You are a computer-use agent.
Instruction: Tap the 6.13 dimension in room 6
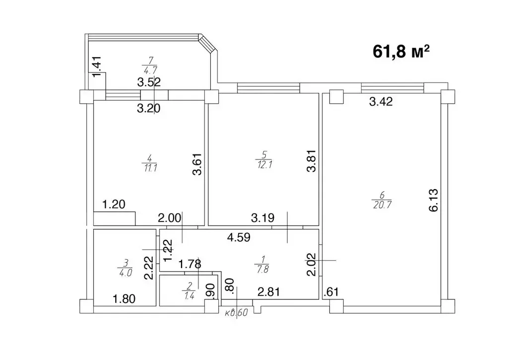(434, 201)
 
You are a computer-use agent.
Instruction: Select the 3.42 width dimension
(381, 103)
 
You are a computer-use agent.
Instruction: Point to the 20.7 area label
(381, 203)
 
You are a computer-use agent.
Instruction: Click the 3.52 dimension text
(149, 83)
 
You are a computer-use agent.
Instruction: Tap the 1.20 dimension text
(114, 204)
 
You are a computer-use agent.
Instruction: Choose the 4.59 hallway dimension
(239, 237)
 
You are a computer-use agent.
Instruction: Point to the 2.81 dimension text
(268, 291)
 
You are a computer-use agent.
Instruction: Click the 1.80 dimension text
(125, 299)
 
